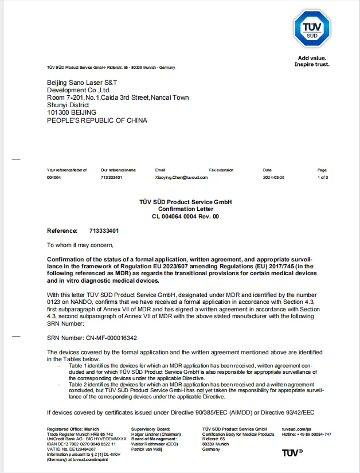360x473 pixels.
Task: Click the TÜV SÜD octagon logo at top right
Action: tap(312, 27)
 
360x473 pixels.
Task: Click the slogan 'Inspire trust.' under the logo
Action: tap(312, 64)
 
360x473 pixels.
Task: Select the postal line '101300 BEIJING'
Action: tap(72, 113)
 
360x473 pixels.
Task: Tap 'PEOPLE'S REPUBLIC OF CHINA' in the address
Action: tap(97, 120)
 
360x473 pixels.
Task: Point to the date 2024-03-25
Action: tap(273, 178)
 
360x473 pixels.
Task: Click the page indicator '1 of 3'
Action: tap(322, 178)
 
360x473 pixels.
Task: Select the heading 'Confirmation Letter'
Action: tap(186, 209)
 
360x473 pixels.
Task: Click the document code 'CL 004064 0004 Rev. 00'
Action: tap(186, 217)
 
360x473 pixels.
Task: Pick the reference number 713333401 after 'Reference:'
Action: tap(104, 231)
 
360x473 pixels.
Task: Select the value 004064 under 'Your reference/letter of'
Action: tap(54, 178)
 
